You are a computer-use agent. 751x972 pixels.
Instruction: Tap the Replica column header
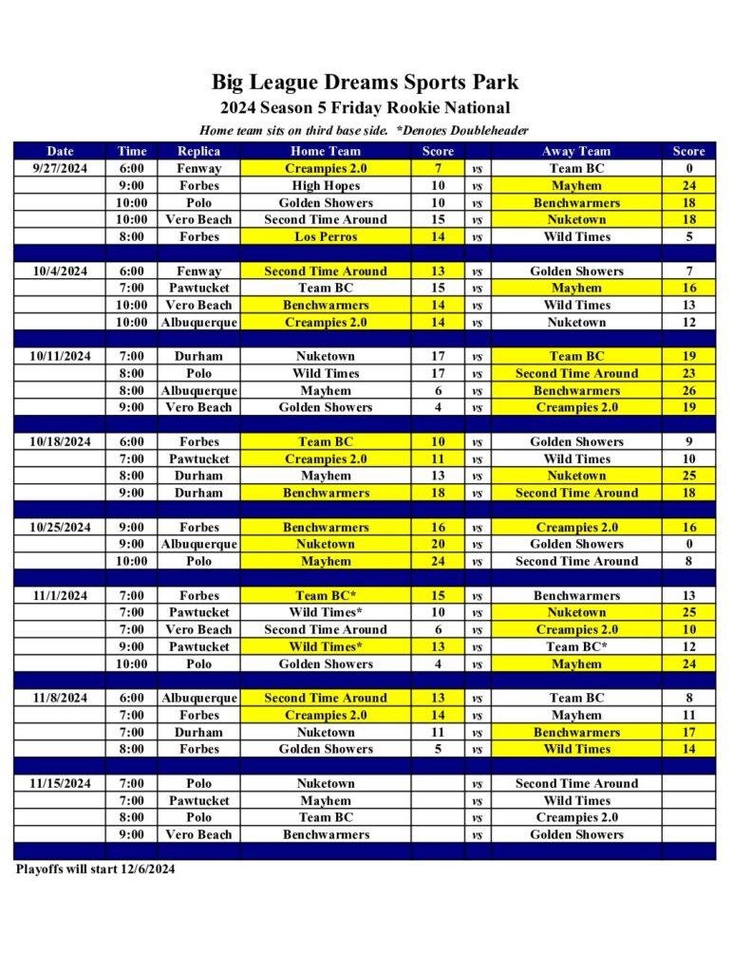coord(198,151)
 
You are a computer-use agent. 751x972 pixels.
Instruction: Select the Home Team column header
coord(326,151)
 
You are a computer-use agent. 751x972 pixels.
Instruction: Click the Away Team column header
coord(576,151)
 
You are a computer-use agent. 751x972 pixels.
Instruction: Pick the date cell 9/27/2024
coord(60,168)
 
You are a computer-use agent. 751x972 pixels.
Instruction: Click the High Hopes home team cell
coord(326,186)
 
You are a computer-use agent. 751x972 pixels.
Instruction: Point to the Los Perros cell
coord(326,236)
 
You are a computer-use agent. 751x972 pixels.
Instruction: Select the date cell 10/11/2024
coord(60,356)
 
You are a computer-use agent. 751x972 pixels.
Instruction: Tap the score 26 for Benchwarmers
coord(688,390)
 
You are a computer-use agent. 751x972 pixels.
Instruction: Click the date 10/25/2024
coord(60,527)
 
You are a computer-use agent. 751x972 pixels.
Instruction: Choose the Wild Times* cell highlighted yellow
coord(326,646)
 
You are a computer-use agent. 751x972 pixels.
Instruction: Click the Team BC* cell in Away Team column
coord(576,646)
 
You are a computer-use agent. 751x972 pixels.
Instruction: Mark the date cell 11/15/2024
coord(60,783)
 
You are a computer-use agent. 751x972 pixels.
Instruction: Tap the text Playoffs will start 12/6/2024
coord(96,869)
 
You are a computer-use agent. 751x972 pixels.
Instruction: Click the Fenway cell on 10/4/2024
coord(198,271)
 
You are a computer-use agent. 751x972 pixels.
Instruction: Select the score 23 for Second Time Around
coord(688,373)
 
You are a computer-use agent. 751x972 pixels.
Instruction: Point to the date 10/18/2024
coord(60,441)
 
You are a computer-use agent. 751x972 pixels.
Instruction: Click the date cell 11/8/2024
coord(60,698)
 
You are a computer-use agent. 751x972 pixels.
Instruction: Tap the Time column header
coord(132,151)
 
